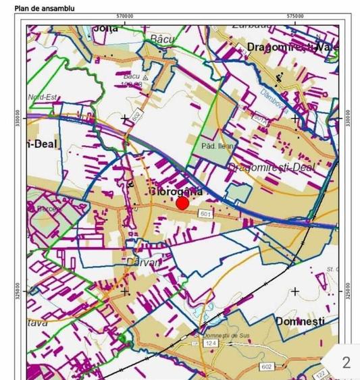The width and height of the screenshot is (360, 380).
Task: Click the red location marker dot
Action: point(182,203)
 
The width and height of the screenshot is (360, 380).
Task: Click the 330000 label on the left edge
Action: point(19,119)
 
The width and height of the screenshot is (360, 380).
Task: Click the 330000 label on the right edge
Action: point(348,119)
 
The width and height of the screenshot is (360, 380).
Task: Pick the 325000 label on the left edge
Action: point(19,292)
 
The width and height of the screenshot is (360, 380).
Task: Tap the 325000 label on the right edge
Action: point(348,292)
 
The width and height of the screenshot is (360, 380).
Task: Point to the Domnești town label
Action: point(300,321)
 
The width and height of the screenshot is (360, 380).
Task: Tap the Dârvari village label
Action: point(144,262)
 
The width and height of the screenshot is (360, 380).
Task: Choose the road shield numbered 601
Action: point(207,214)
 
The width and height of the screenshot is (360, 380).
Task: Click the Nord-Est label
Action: point(43,97)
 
